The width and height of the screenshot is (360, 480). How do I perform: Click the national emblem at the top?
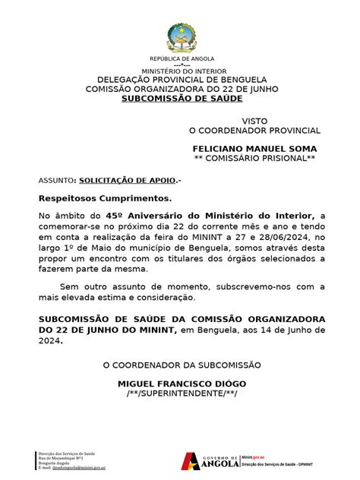(x=182, y=37)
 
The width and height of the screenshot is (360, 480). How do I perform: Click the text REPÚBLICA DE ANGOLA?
(x=182, y=58)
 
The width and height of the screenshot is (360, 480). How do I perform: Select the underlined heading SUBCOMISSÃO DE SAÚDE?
(x=182, y=99)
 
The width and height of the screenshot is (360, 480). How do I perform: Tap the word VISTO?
(x=255, y=122)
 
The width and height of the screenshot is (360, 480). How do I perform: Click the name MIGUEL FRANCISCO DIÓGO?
(x=182, y=384)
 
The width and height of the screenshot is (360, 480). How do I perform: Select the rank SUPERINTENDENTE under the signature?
(x=182, y=394)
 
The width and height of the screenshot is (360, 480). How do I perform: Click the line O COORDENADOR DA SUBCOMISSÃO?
(x=182, y=366)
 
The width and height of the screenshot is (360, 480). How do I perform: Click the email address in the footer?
(x=73, y=468)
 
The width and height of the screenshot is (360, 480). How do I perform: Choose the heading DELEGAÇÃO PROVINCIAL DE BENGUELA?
(x=182, y=80)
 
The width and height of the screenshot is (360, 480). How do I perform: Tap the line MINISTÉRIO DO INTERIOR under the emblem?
(x=182, y=71)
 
